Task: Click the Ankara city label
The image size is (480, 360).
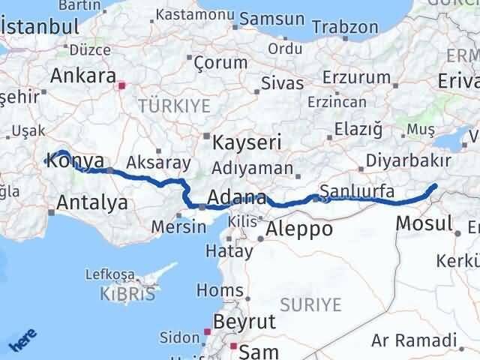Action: click(x=82, y=76)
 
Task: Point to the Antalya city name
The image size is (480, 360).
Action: click(x=91, y=202)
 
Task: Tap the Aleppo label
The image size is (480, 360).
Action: click(x=299, y=229)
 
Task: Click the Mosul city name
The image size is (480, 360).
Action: click(x=423, y=223)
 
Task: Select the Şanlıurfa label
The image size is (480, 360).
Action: click(x=357, y=191)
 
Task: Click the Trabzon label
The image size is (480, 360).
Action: click(x=346, y=25)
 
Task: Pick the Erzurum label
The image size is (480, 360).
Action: click(x=355, y=78)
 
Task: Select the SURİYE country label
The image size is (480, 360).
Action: click(x=310, y=304)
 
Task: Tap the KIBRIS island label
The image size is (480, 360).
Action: click(x=127, y=294)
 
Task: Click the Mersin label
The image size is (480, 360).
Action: click(x=177, y=226)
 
